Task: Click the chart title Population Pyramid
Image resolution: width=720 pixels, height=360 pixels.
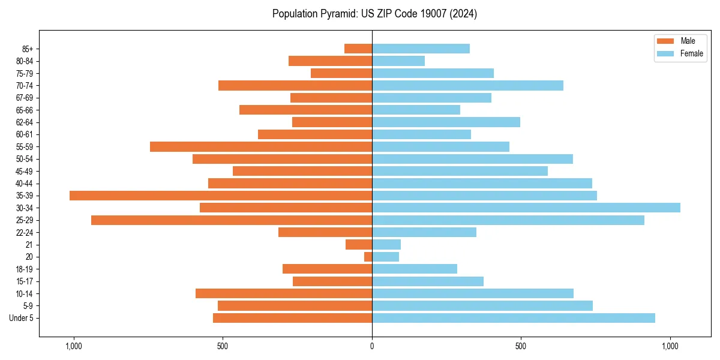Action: (374, 14)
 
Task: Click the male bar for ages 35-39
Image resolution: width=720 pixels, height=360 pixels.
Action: (221, 196)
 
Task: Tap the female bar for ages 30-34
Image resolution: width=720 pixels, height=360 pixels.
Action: (526, 208)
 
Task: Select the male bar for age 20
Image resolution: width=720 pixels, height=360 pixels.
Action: (368, 257)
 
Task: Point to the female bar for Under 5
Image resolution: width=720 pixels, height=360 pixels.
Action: (514, 318)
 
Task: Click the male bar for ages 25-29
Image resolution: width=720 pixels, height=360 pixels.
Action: (232, 220)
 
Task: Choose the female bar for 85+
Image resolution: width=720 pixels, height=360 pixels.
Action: (421, 49)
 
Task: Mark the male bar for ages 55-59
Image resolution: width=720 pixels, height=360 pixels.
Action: (261, 146)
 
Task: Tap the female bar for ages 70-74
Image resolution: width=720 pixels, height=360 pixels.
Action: (467, 85)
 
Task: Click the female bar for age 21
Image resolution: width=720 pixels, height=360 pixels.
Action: (386, 244)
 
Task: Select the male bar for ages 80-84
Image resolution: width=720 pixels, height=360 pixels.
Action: (330, 61)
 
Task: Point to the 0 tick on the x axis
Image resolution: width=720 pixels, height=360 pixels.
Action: (372, 346)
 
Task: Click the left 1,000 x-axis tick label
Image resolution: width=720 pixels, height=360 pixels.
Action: (73, 346)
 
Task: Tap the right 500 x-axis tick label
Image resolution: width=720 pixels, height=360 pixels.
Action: (520, 346)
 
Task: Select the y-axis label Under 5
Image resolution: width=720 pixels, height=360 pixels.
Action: (22, 318)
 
